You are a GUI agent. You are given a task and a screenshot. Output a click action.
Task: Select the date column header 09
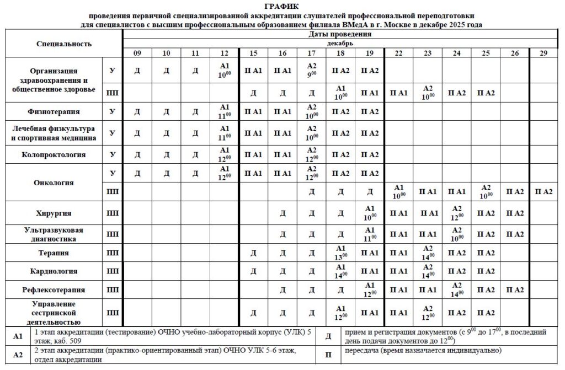pos(136,53)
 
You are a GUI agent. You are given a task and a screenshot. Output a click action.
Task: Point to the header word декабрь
pos(340,43)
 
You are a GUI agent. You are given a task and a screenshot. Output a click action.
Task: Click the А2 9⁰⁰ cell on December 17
pos(311,69)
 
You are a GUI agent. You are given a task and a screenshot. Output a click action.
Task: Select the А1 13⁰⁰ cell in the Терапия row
pos(340,253)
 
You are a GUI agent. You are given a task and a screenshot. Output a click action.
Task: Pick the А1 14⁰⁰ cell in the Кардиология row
pos(340,271)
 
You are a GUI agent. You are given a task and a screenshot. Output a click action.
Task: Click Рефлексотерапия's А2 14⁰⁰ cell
pos(456,289)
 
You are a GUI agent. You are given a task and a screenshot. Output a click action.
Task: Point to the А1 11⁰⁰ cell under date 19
pos(370,234)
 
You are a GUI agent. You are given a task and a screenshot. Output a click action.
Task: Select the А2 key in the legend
pos(18,355)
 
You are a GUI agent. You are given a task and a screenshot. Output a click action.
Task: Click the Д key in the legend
pos(328,336)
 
